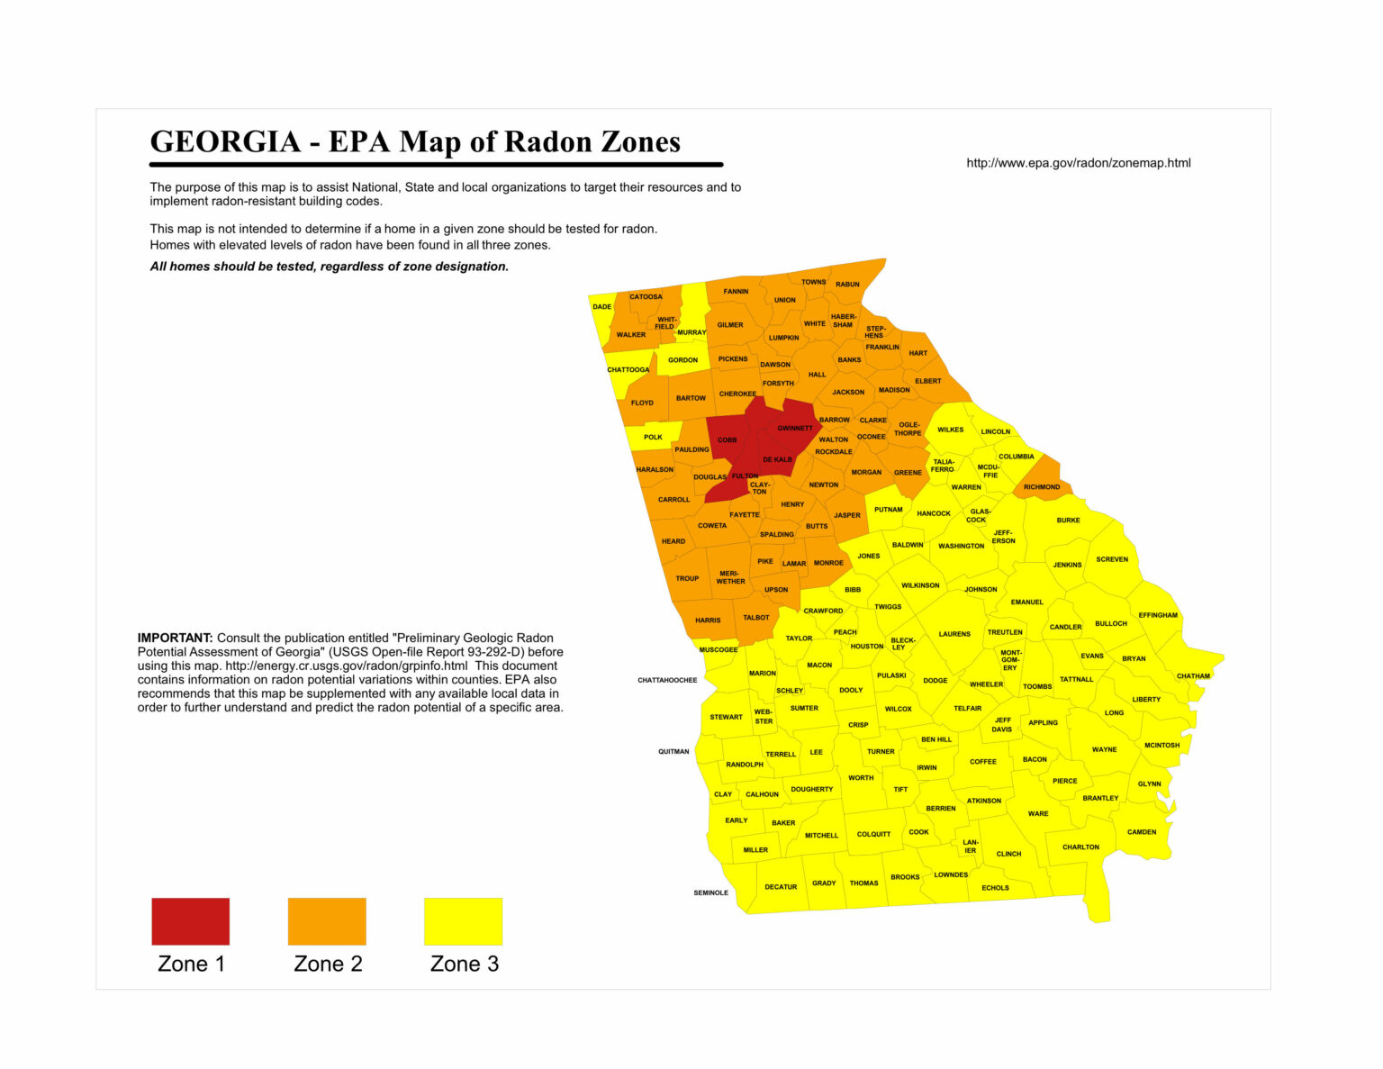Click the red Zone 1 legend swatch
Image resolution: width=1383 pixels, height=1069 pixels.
(190, 920)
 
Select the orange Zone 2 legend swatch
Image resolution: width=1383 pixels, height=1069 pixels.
(327, 920)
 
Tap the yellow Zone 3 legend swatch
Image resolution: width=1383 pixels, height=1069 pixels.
(463, 920)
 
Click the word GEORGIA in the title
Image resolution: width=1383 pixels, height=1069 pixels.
(225, 141)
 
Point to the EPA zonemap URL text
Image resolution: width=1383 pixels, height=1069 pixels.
(1078, 163)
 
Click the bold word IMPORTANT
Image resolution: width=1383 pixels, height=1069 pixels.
(175, 638)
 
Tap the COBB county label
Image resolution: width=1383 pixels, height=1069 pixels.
(727, 440)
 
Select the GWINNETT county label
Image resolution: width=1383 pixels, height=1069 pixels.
(795, 429)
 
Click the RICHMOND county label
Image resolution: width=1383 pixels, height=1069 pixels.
(1042, 487)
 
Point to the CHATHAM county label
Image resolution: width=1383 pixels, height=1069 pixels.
(1193, 676)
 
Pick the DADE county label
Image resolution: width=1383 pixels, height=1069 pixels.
(602, 307)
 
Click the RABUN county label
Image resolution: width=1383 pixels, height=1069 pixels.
(847, 285)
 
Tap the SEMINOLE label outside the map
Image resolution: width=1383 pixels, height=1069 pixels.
(710, 892)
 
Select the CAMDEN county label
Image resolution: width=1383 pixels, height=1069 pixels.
(1142, 832)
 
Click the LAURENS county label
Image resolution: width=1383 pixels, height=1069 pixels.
(954, 634)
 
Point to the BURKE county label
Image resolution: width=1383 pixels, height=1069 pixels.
(1068, 521)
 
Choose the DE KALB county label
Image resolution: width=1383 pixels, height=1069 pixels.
(777, 459)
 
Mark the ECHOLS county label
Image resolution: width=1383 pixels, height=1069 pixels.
(995, 888)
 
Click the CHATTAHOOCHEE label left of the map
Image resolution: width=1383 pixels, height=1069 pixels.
(667, 680)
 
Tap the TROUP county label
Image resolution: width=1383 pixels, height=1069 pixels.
(687, 578)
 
